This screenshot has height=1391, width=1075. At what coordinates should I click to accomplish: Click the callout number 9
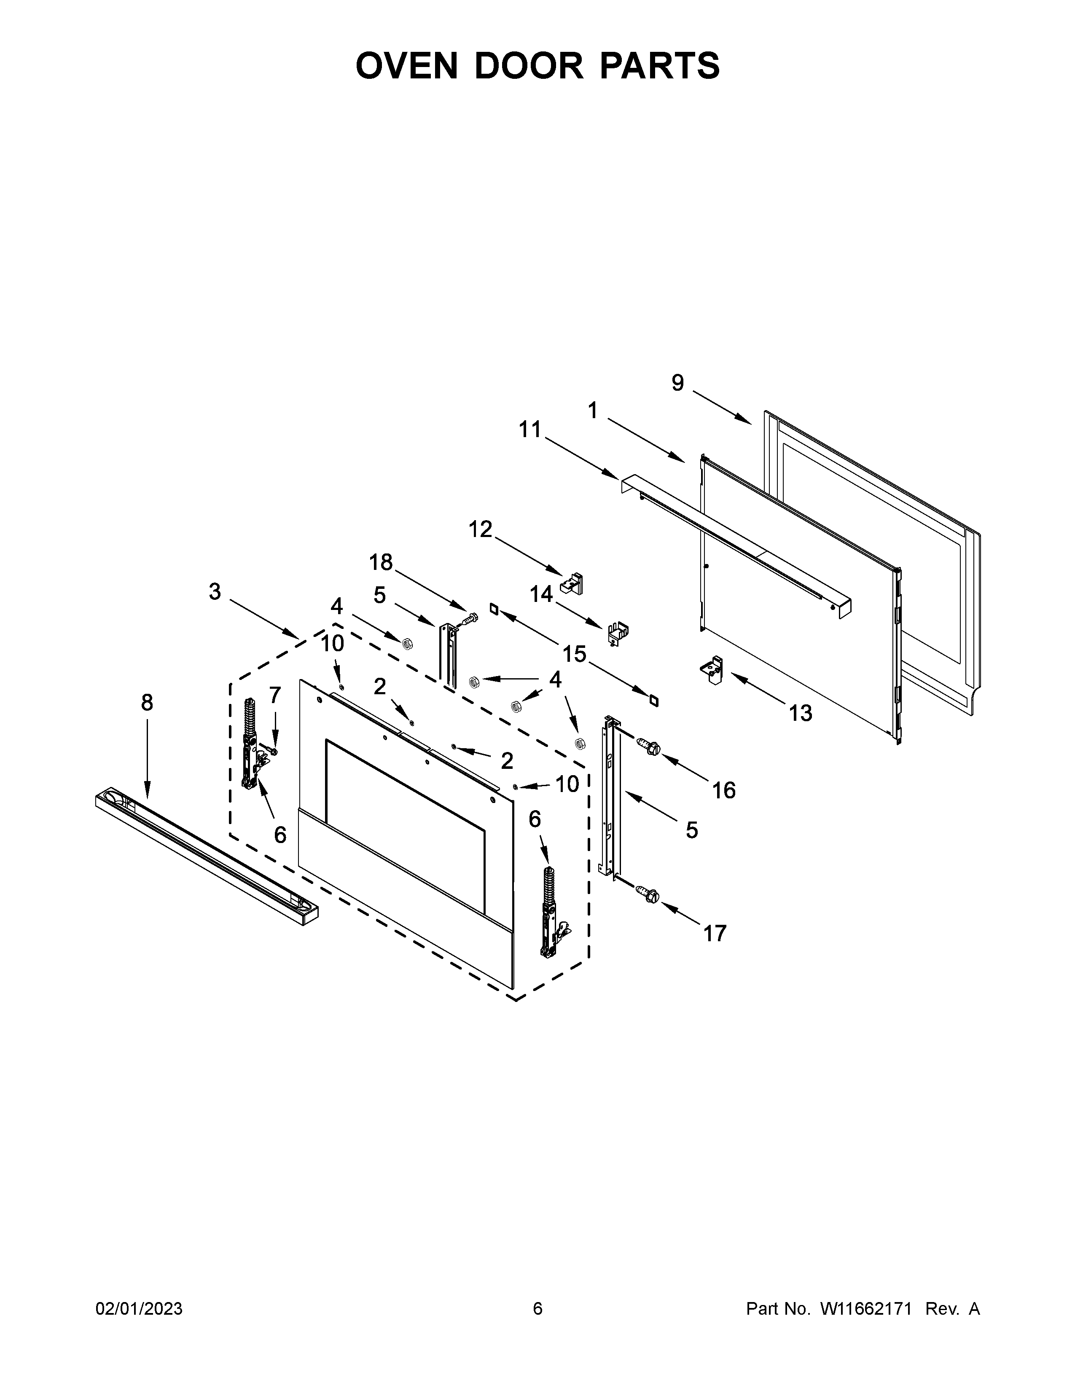coord(677,383)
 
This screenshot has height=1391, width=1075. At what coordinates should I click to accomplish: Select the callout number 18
coord(381,562)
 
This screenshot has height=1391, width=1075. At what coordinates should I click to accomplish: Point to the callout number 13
coord(801,713)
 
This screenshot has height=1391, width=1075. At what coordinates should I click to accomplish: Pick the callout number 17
coord(715,934)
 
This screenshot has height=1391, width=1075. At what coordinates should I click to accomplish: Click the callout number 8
coord(147,703)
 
